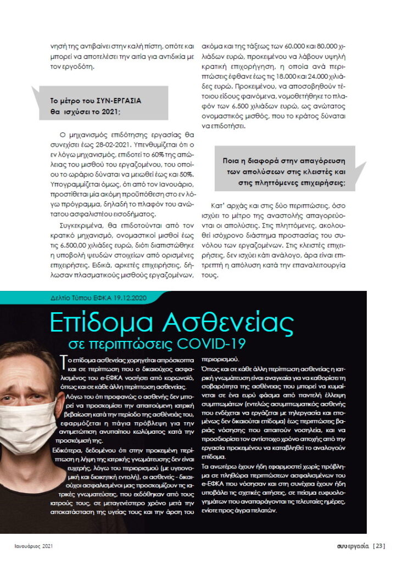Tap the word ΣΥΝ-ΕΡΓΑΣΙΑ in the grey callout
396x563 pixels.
pos(118,101)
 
